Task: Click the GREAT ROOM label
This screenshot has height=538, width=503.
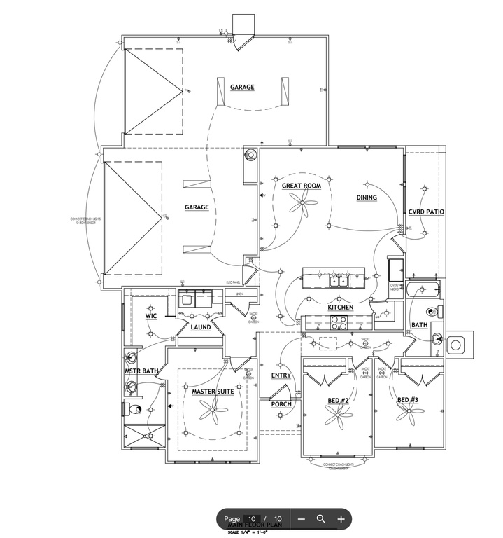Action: coord(301,186)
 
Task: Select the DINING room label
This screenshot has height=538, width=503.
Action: coord(367,198)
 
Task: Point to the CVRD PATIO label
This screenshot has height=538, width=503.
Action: coord(427,212)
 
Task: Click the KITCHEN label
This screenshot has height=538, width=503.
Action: coord(341,308)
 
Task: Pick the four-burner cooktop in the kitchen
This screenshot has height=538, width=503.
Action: coord(339,323)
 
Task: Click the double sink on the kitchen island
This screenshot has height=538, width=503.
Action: coord(340,281)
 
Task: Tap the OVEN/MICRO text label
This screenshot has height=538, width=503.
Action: coord(395,287)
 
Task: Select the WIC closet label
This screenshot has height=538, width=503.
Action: coord(150,316)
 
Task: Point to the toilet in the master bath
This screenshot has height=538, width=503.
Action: coord(133,409)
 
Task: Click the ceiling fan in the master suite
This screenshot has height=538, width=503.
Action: coord(213,411)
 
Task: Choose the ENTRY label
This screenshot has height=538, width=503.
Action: coord(281,376)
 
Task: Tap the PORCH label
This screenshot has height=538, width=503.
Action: coord(281,404)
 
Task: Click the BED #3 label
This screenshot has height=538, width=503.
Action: coord(408,400)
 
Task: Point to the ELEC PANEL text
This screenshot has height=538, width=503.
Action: coord(234,283)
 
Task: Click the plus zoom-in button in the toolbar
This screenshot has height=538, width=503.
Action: coord(341,519)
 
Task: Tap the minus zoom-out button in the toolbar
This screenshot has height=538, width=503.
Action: coord(302,519)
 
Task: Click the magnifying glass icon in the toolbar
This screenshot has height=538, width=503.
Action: coord(321,519)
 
